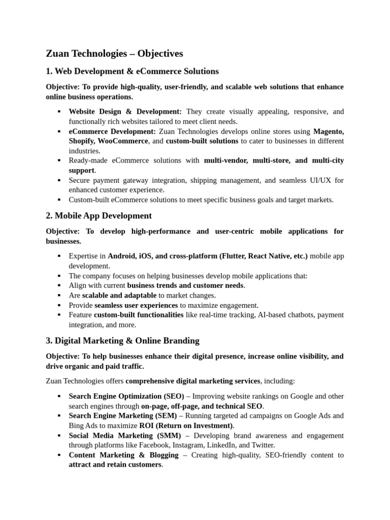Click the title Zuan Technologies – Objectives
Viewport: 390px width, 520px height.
tap(114, 53)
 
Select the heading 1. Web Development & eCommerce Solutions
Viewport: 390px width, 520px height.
tap(132, 71)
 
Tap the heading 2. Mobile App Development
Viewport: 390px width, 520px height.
tap(99, 216)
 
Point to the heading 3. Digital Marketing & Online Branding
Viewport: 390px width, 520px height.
tap(122, 340)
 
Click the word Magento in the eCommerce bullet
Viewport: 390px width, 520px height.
tap(328, 131)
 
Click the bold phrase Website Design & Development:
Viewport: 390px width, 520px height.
tap(125, 112)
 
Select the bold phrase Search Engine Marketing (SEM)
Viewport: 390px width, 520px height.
tap(122, 415)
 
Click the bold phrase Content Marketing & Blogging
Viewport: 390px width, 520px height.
tap(123, 455)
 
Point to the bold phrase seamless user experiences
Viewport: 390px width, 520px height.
tap(136, 305)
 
